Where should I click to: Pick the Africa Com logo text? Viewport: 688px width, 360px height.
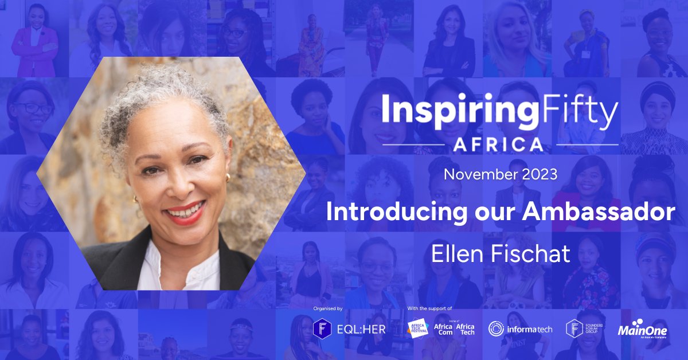(444, 328)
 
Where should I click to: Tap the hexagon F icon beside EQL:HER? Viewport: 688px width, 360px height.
(322, 329)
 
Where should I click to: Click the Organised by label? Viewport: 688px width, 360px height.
(328, 309)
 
